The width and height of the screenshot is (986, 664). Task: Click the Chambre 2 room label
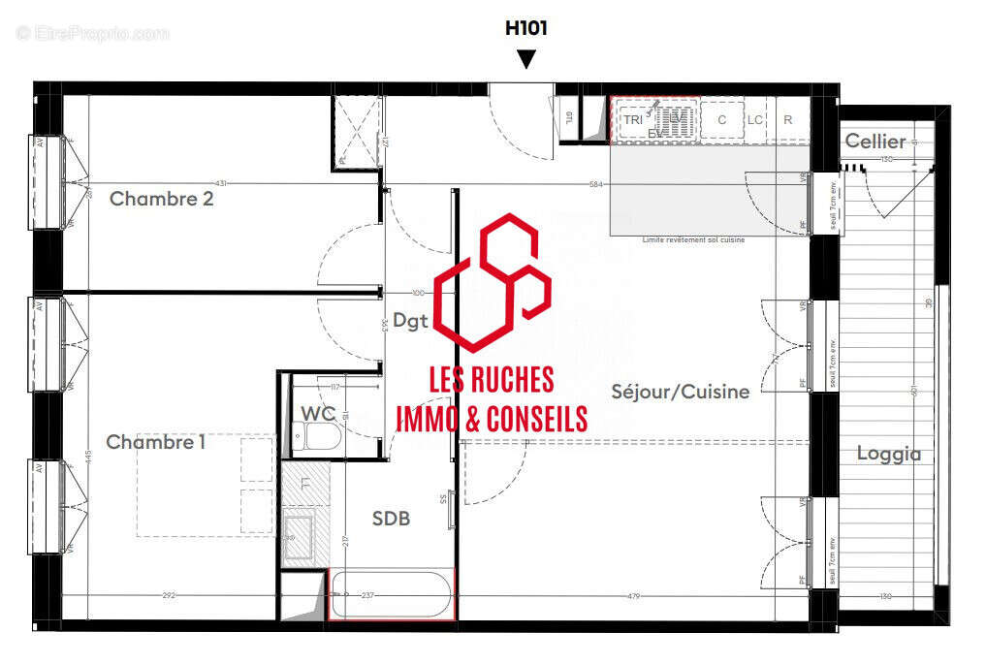[161, 199]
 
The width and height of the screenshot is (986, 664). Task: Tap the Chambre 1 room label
[155, 442]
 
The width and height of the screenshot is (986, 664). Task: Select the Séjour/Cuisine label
[680, 392]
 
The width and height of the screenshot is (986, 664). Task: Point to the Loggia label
[888, 453]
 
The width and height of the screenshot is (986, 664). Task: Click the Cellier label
[875, 142]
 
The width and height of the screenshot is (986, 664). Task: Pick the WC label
[317, 414]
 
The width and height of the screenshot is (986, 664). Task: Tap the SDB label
[391, 519]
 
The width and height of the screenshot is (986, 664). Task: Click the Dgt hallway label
[411, 323]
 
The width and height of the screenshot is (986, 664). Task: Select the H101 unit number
[525, 28]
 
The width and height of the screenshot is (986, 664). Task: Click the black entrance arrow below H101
[525, 59]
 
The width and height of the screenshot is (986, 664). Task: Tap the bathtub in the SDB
[392, 594]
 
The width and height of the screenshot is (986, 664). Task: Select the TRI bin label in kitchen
[632, 120]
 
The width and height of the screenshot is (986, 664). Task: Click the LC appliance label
[755, 120]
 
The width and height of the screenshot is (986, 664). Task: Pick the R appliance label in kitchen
[788, 120]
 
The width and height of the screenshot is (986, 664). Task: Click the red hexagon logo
[493, 282]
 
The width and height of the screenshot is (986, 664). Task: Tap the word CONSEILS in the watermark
[535, 418]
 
